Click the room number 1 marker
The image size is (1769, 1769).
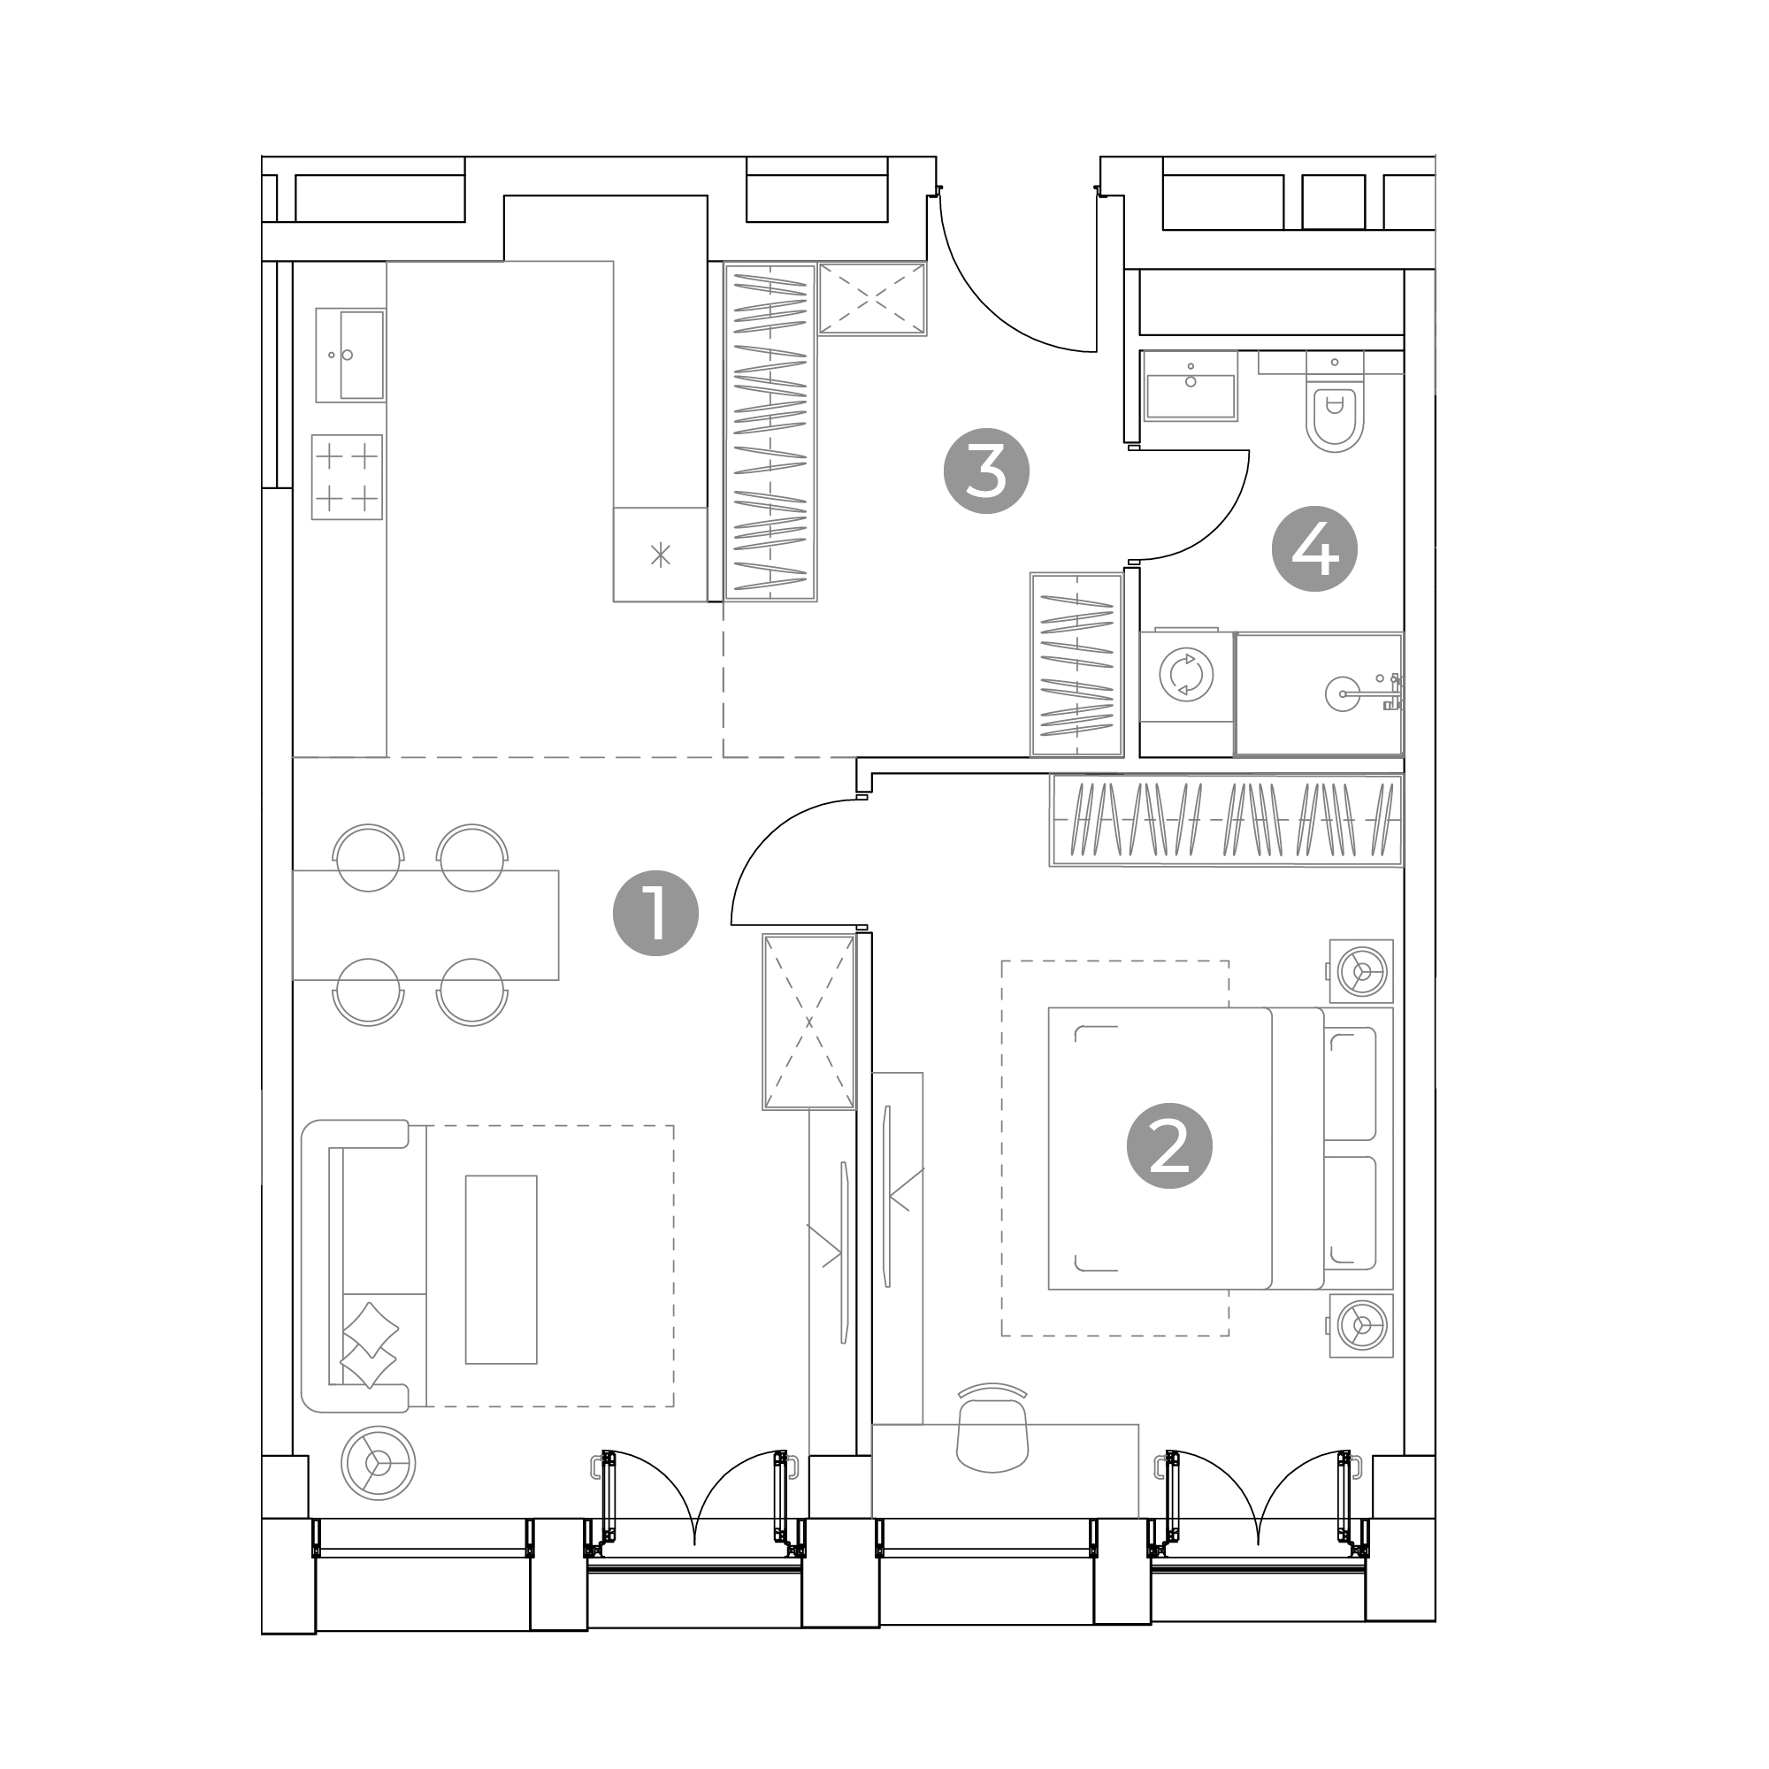click(x=655, y=913)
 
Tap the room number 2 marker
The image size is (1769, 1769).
click(x=1169, y=1145)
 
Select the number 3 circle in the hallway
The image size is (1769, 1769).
click(x=986, y=471)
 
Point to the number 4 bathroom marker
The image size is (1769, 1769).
click(x=1315, y=548)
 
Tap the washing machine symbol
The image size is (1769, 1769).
click(x=1187, y=675)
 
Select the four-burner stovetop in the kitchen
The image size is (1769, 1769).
click(x=347, y=477)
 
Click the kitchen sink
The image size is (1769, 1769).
click(x=350, y=355)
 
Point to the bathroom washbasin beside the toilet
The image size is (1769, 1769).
click(x=1191, y=386)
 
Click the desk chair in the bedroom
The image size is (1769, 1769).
click(x=992, y=1428)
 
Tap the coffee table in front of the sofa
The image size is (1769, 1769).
click(x=501, y=1270)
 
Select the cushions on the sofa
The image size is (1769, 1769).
click(x=369, y=1345)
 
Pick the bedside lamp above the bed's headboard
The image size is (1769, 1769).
click(x=1361, y=970)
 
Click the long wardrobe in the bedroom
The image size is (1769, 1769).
click(x=1226, y=820)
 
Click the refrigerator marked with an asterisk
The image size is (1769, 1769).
click(x=660, y=554)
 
